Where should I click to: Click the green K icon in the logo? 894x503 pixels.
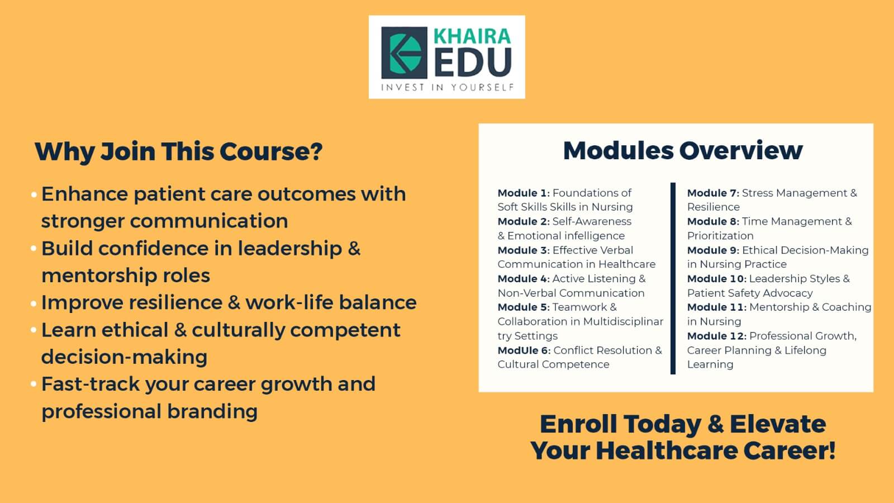[x=405, y=53]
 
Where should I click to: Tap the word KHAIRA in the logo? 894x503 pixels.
[x=472, y=36]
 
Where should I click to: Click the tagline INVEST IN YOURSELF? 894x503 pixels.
[x=448, y=87]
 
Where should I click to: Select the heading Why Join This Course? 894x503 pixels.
[x=178, y=152]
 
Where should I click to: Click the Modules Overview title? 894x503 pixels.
[x=683, y=150]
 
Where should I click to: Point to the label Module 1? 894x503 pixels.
[x=524, y=193]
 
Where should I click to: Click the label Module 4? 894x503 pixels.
[x=524, y=279]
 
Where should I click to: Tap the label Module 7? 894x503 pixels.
[x=713, y=193]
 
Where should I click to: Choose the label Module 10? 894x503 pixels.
[x=717, y=279]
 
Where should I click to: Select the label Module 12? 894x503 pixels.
[x=717, y=336]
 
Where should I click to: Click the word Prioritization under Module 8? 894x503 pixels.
[x=720, y=236]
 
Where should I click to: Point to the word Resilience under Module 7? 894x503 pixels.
[x=714, y=207]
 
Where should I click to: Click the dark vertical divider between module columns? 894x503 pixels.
[x=673, y=278]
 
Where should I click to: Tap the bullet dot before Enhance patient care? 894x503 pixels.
[x=34, y=195]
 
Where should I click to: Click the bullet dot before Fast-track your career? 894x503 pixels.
[x=34, y=385]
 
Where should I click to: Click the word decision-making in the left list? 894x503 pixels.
[x=124, y=357]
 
